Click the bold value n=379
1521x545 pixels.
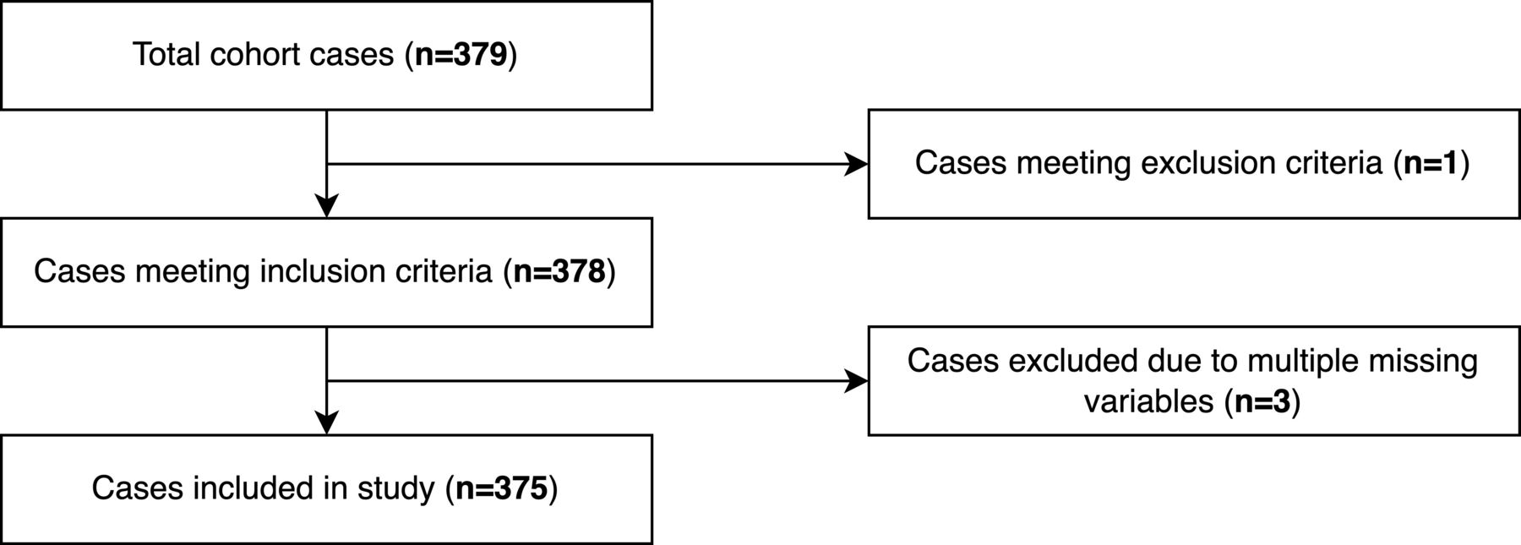[461, 55]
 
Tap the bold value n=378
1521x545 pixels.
[559, 272]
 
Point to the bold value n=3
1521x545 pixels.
[1262, 401]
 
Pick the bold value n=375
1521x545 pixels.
[502, 489]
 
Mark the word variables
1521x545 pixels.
[1149, 401]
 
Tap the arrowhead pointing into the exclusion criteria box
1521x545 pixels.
[858, 164]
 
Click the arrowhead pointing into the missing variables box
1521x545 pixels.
[858, 382]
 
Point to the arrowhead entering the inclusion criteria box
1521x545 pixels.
[326, 207]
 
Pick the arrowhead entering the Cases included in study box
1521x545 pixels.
[326, 424]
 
